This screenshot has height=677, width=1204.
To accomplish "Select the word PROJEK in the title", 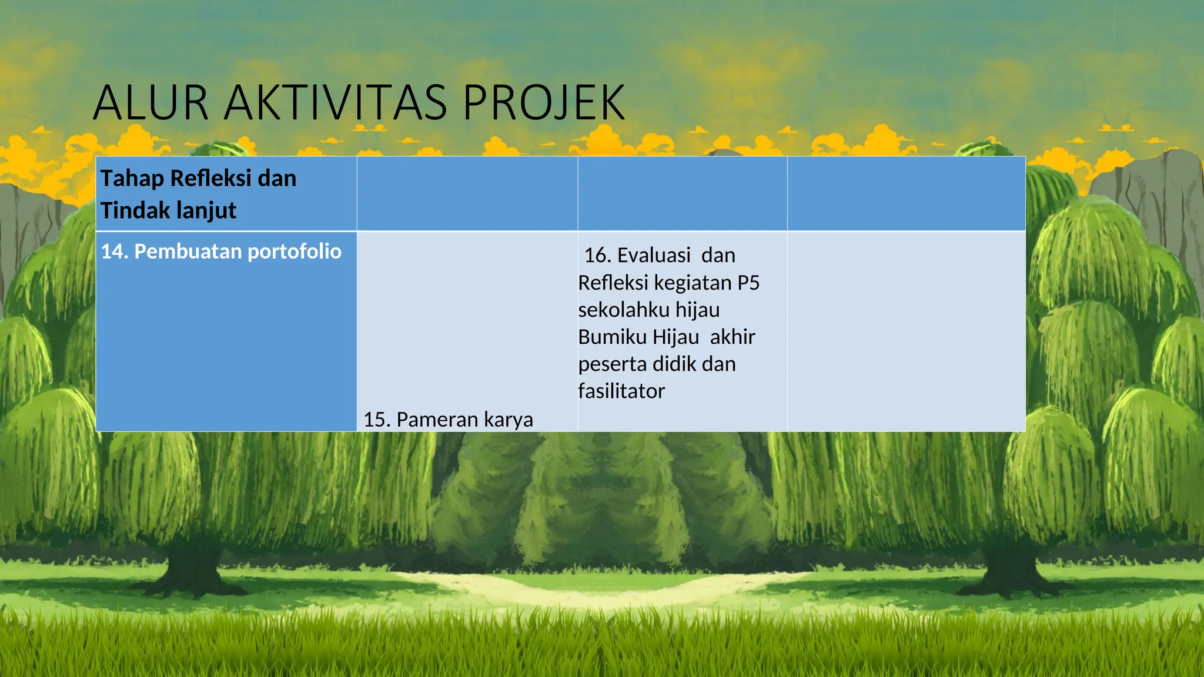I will (x=543, y=103).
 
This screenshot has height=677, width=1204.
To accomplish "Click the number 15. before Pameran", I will (x=377, y=420).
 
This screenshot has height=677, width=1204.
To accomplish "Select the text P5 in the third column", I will (x=748, y=283).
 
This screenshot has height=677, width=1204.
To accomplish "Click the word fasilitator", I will (x=621, y=391).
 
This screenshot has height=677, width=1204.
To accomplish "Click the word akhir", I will (x=732, y=337).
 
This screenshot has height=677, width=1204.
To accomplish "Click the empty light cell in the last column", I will (x=906, y=331).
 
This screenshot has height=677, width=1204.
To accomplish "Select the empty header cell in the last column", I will (x=906, y=193).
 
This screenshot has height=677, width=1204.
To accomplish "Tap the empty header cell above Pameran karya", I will (x=467, y=193).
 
